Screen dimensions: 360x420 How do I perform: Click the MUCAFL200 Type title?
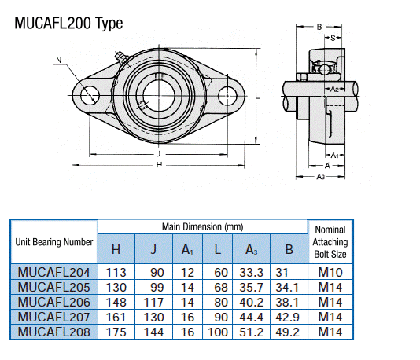point(69,23)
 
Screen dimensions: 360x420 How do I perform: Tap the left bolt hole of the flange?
point(88,95)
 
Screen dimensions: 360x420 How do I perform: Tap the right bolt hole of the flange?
point(229,97)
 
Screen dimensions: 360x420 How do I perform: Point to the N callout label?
point(59,60)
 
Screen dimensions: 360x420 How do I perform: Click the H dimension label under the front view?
point(159,166)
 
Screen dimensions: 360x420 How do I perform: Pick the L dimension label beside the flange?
point(258,96)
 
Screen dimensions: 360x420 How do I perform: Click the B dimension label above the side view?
point(319,28)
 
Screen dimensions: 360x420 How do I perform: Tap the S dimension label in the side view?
point(333,38)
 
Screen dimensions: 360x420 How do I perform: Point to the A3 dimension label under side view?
point(321,177)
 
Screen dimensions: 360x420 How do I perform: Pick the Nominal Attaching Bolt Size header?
point(330,242)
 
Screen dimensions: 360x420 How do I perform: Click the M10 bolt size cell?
point(330,271)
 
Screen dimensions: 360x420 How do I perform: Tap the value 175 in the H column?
point(116,332)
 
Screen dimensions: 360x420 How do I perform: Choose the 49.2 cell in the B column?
point(289,332)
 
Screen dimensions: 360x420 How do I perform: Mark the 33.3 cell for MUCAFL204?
point(252,271)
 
